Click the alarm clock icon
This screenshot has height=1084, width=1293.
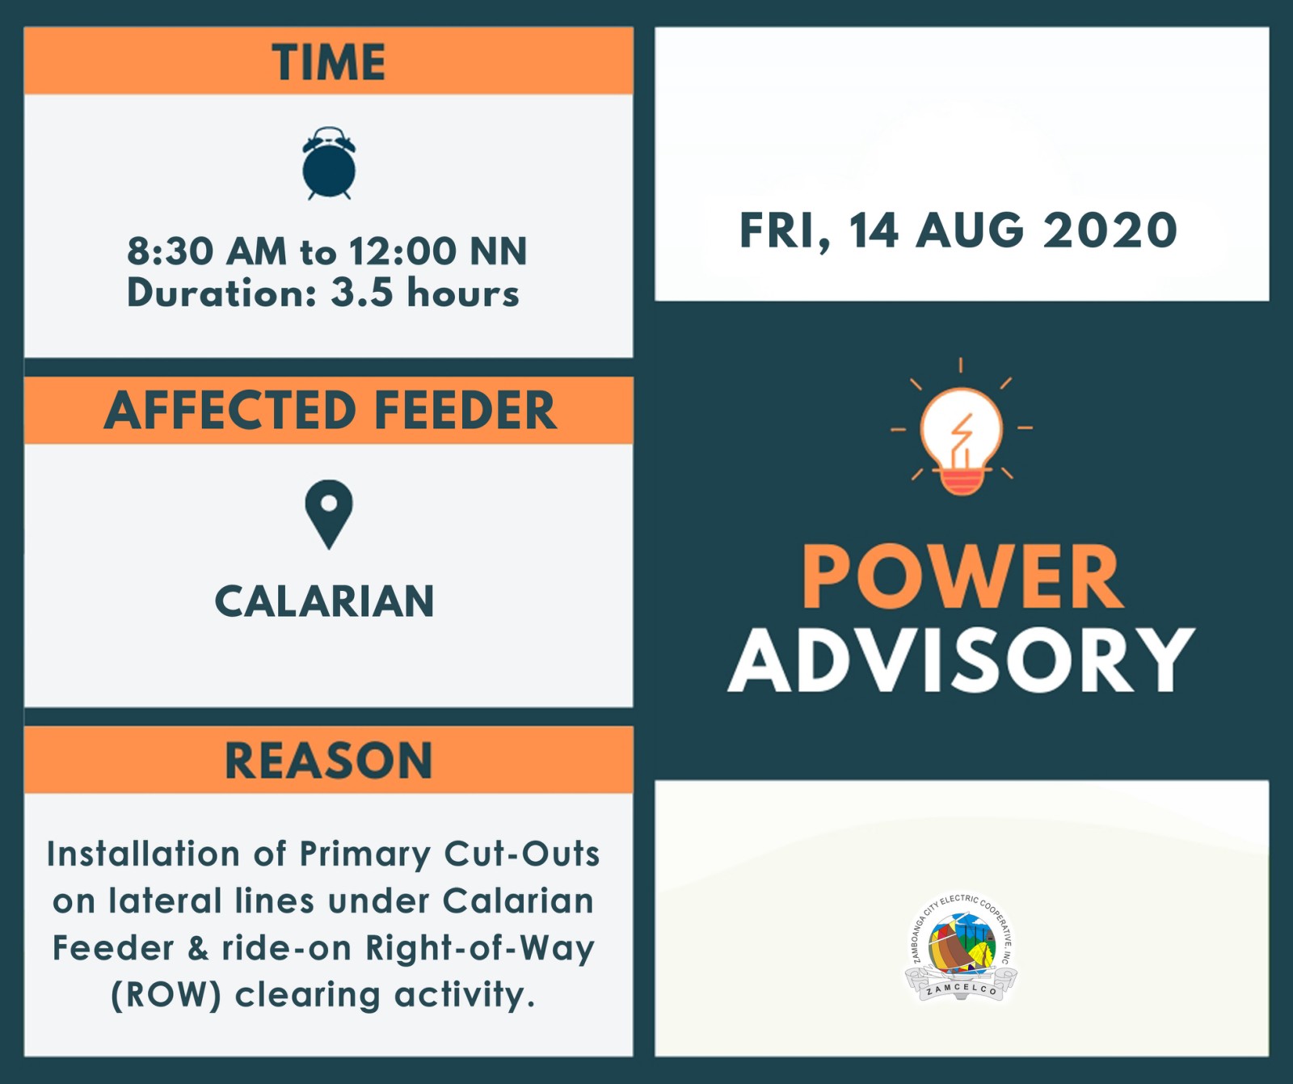coord(329,163)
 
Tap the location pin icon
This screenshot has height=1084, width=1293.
coord(329,515)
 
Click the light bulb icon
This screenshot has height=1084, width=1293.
coord(962,426)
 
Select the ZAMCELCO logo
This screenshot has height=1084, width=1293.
coord(961,947)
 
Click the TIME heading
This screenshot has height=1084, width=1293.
coord(329,62)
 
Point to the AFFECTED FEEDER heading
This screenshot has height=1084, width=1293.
coord(330,410)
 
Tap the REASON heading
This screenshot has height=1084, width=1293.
coord(329,761)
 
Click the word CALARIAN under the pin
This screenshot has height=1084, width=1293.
coord(325,601)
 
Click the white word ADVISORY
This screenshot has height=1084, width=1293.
coord(962,660)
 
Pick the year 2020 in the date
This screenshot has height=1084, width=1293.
coord(1110,230)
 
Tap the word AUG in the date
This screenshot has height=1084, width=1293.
coord(970,230)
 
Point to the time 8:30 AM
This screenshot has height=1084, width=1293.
coord(207,251)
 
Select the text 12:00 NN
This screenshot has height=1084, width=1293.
coord(438,251)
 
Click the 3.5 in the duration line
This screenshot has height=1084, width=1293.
coord(363,293)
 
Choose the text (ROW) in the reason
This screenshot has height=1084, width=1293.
coord(166,995)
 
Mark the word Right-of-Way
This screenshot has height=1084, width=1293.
coord(480,948)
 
